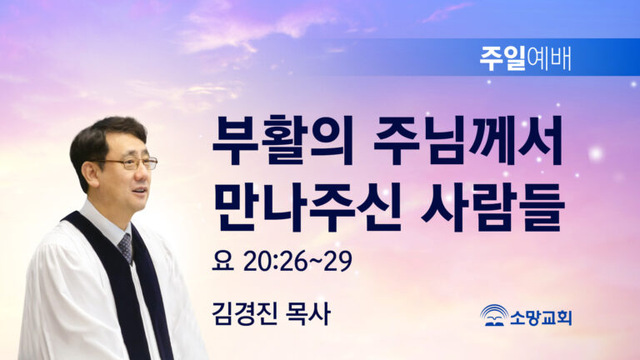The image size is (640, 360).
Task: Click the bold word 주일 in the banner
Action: click(502, 59)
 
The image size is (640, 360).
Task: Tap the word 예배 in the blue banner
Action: click(548, 59)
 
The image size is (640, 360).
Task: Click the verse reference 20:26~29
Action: click(297, 261)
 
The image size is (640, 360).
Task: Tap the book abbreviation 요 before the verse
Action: click(222, 261)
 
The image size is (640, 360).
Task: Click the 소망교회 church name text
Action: click(541, 317)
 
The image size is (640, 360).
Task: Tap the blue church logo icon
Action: click(494, 315)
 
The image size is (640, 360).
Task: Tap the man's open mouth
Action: click(139, 191)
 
